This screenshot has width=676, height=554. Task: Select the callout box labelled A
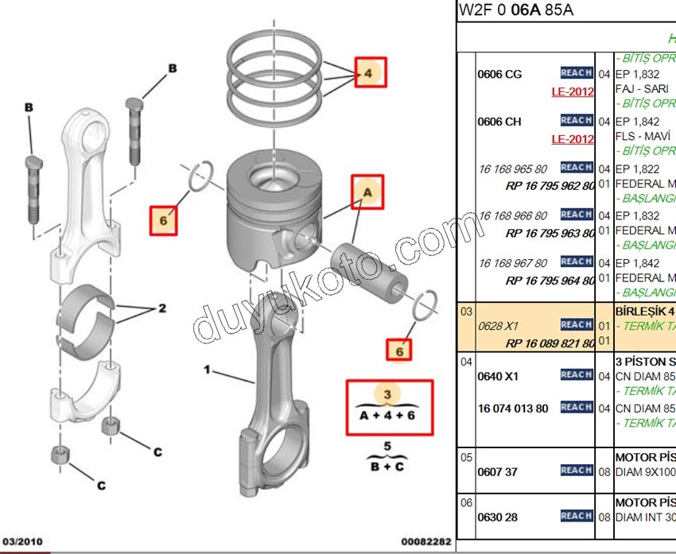(367, 192)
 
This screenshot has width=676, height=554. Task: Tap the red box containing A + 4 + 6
(390, 407)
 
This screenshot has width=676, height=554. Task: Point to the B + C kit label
(387, 467)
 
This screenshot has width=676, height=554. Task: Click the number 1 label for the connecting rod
(208, 370)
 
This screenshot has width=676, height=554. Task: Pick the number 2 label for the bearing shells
(161, 308)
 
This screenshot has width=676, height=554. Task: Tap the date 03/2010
(20, 541)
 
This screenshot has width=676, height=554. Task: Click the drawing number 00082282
(425, 541)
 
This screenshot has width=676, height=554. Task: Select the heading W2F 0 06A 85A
(515, 11)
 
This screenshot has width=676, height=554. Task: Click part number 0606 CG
(499, 75)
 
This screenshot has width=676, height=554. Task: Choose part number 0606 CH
(499, 122)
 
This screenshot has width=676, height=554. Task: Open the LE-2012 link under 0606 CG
(573, 91)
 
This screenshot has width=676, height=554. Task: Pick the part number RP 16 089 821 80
(550, 343)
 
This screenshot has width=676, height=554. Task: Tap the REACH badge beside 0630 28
(576, 517)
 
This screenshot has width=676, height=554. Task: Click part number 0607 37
(497, 471)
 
